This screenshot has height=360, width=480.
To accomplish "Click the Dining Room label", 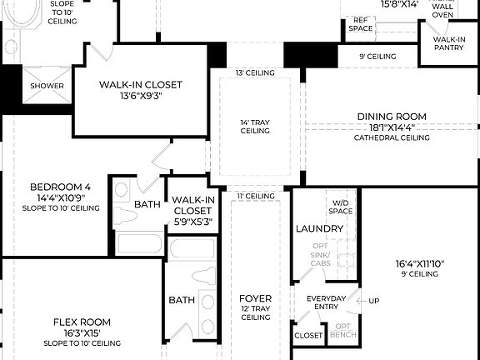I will point(392,117).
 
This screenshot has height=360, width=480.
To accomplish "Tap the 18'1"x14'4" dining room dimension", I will point(392,127).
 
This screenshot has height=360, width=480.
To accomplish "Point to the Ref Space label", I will point(361,24).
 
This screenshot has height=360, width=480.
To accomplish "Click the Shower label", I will point(47,86).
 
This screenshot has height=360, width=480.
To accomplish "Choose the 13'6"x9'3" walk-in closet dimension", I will point(140,96).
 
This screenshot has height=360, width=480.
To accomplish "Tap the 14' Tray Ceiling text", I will point(255,126).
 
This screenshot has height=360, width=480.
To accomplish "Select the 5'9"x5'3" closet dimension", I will point(193,222).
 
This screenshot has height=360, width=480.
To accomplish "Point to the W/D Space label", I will point(341,207).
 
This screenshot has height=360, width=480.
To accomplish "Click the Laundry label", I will point(313,228).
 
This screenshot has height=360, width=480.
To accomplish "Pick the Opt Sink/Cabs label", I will point(320,253).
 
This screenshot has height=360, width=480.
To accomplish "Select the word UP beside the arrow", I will point(374,301).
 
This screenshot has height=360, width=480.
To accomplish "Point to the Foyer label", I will point(255,297).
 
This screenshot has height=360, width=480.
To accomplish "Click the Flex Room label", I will point(82,322).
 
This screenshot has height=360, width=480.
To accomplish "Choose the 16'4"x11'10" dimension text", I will point(420,264).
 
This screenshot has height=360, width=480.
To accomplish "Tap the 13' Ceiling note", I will point(255,73).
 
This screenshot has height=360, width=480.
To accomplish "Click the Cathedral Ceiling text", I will point(392,137).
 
